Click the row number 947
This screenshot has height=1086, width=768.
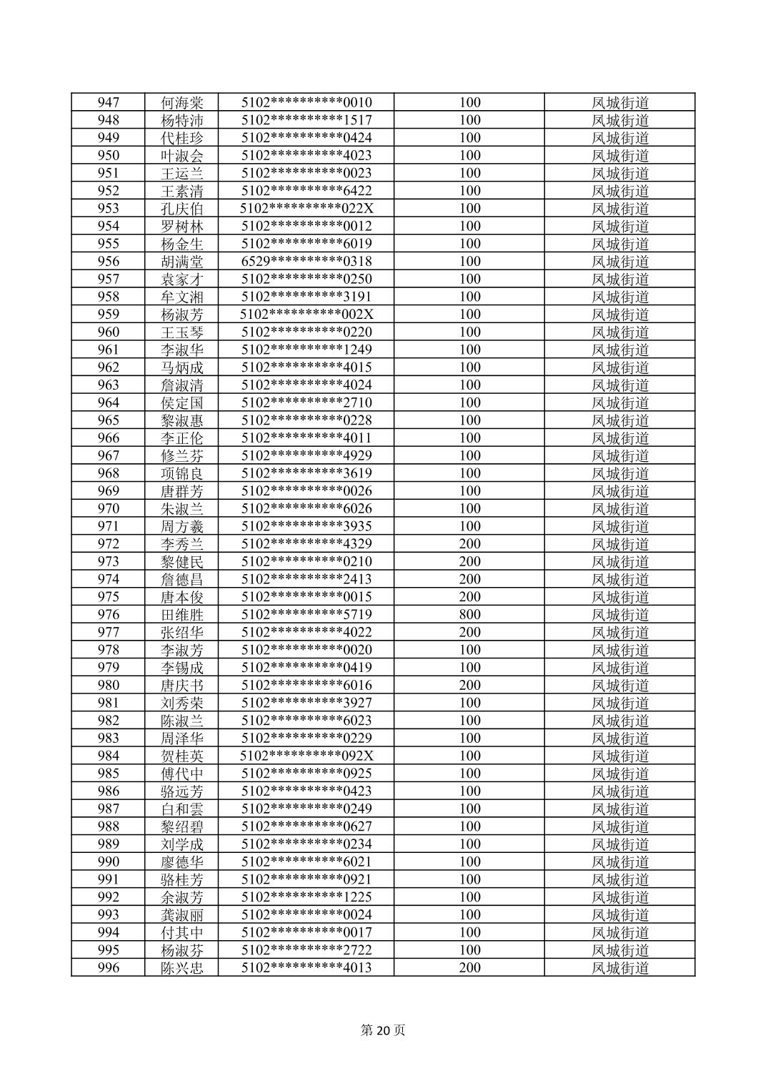tap(108, 102)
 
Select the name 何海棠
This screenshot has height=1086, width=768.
tap(182, 102)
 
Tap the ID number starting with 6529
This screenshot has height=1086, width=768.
tap(306, 262)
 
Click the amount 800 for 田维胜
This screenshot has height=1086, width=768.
tap(469, 615)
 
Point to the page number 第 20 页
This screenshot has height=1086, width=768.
tap(383, 1030)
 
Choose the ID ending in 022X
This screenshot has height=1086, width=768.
tap(306, 209)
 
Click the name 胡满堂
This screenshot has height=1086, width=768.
tap(182, 262)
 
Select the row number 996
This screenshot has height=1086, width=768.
tap(108, 968)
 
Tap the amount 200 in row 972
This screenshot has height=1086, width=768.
tap(469, 544)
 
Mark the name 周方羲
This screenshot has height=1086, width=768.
tap(182, 526)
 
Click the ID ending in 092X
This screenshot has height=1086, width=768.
tap(306, 756)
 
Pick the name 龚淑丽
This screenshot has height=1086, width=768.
tap(182, 915)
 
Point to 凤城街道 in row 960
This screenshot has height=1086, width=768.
tap(620, 332)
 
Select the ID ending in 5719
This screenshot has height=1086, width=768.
tap(306, 615)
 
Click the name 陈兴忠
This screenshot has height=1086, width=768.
tap(182, 968)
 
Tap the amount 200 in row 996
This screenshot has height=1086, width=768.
tap(469, 968)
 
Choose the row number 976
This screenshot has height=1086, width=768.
tap(108, 615)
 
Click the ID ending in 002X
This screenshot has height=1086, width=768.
tap(306, 315)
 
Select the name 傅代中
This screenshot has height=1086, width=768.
tap(182, 774)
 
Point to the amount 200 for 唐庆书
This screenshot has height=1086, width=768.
tap(469, 685)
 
